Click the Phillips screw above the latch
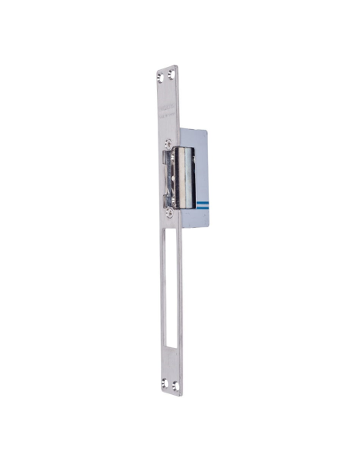click(x=167, y=144)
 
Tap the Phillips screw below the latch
click(x=168, y=213)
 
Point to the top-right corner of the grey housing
click(x=209, y=131)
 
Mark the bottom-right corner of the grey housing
click(x=209, y=225)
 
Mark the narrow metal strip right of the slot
click(x=179, y=303)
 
